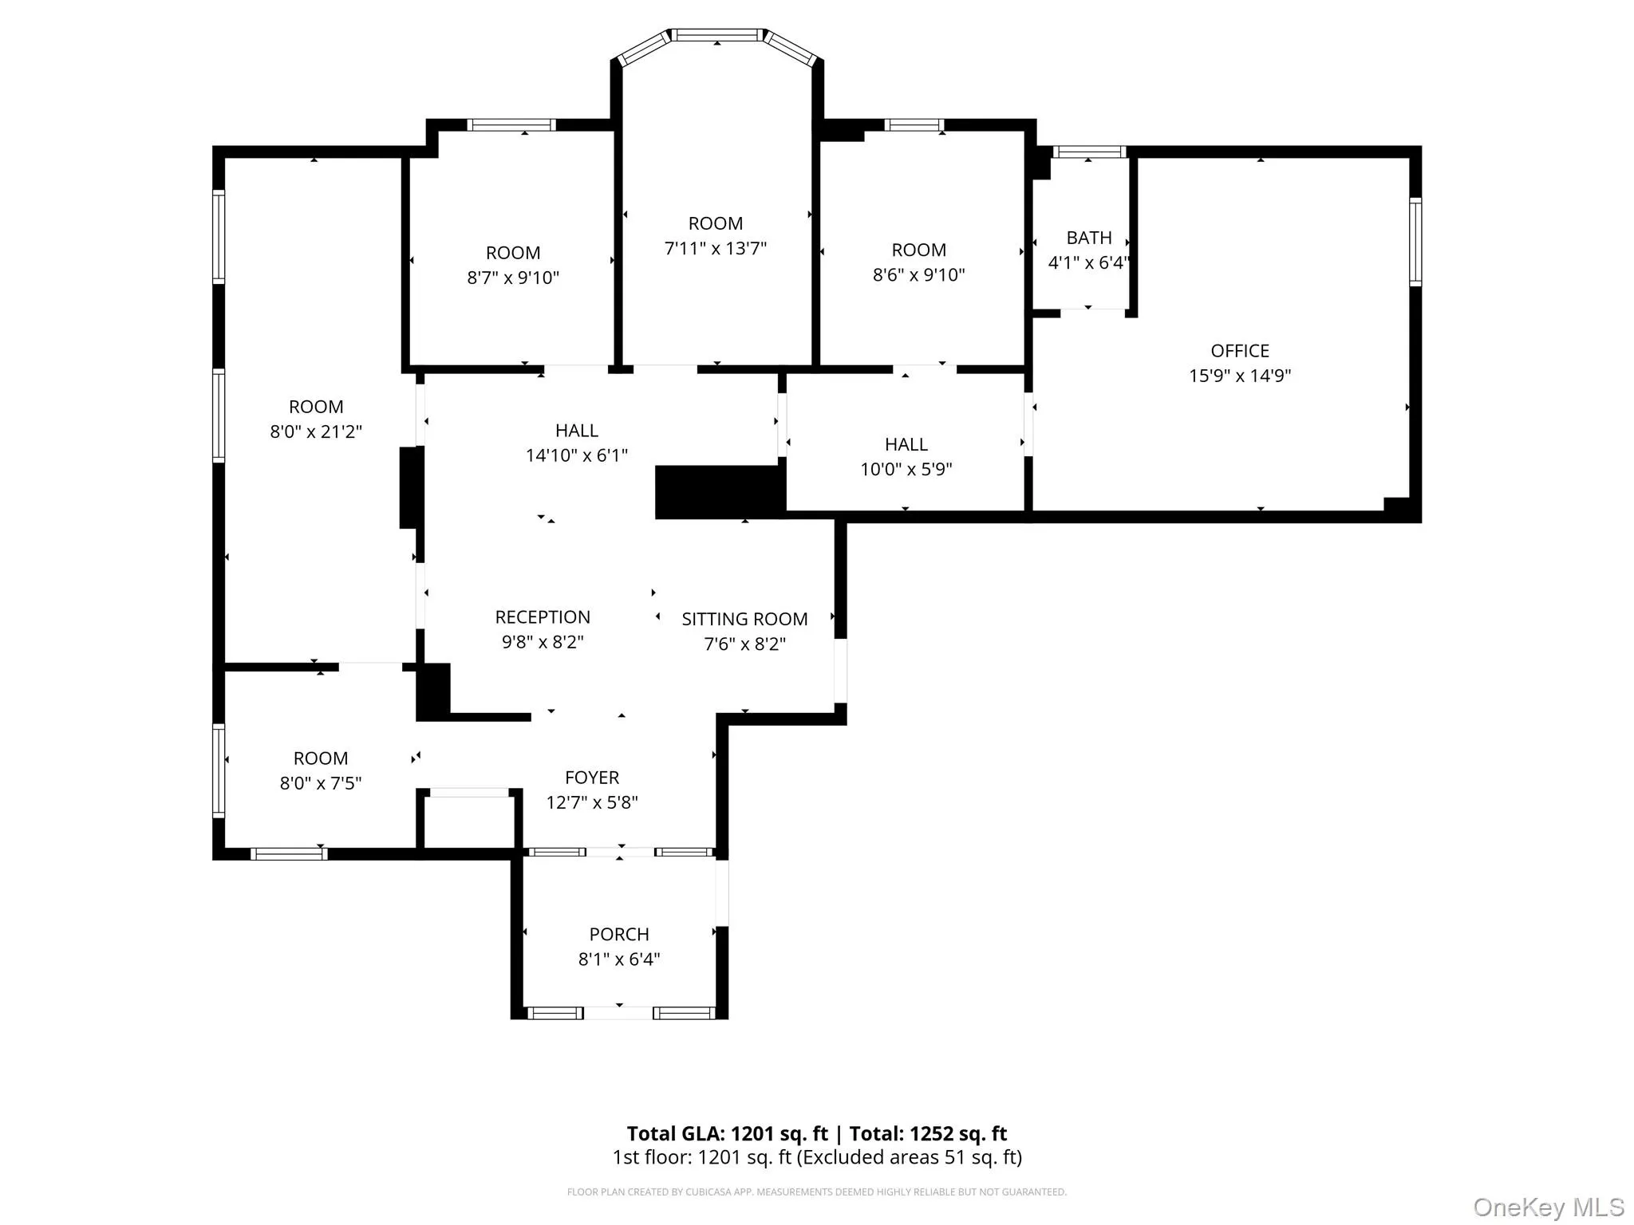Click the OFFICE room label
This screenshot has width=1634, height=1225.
coord(1239,351)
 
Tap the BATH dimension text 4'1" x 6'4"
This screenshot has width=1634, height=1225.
coord(1088,262)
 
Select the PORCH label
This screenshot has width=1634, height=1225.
coord(618,934)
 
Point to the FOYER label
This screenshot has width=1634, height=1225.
coord(591,778)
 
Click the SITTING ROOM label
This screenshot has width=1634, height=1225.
coord(744,619)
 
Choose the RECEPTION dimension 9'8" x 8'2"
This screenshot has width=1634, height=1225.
coord(542,642)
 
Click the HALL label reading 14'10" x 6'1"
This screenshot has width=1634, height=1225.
coord(576,431)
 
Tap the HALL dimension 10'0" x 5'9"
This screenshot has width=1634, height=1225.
coord(906,469)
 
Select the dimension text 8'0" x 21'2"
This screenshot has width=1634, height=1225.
coord(316,431)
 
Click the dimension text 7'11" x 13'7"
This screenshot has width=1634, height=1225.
coord(715,248)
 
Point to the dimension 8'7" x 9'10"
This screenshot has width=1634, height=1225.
coord(513,278)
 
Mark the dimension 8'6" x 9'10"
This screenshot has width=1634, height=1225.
coord(918,274)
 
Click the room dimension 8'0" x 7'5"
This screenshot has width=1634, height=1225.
coord(320,783)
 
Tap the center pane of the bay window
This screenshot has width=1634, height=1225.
coord(716,35)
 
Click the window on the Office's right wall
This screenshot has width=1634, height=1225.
coord(1415,242)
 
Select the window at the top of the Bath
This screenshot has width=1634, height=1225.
coord(1089,152)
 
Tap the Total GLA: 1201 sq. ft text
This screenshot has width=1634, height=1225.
coord(727,1133)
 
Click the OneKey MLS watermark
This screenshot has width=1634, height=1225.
coord(1548,1207)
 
